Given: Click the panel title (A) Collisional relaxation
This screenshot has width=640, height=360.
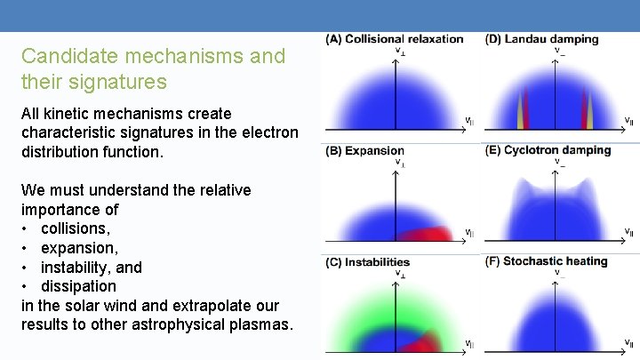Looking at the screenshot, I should click(x=395, y=39).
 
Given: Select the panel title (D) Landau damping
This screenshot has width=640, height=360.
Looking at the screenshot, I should click(x=541, y=39).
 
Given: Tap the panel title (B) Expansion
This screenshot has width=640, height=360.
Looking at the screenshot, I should click(x=365, y=151).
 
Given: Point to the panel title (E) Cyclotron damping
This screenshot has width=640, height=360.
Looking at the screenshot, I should click(x=548, y=150).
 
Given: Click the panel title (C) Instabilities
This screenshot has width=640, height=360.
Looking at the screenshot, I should click(x=368, y=262).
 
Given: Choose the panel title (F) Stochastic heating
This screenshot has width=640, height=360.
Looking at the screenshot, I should click(x=546, y=261).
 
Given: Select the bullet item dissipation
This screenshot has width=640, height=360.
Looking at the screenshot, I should click(x=78, y=286).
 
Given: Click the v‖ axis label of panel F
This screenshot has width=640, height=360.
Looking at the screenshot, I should click(x=628, y=343).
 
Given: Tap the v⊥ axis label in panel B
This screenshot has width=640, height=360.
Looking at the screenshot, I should click(x=399, y=163).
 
